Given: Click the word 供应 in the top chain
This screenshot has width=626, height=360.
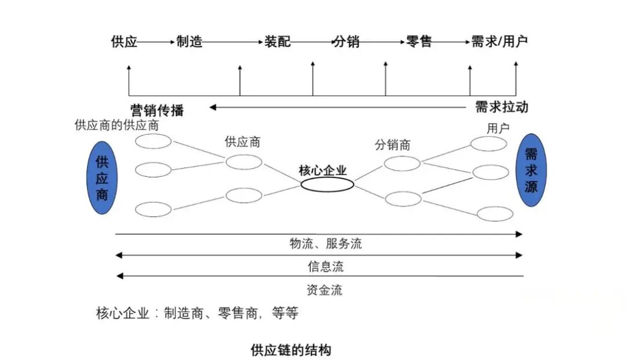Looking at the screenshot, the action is coord(124,42).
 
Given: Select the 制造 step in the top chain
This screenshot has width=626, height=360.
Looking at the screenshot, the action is coord(189,42).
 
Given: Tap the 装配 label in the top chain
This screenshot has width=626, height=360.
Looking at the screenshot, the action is coord(278,42).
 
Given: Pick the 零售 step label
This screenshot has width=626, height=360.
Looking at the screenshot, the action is coord(419,42).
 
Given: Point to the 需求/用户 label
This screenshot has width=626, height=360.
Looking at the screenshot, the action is coord(500,41).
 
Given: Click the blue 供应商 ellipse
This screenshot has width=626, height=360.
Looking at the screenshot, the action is coord(102,177).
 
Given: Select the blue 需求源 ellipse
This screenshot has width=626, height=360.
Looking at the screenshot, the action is coord(531,170).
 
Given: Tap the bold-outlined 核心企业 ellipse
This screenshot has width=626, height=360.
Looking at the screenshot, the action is coord(327,185).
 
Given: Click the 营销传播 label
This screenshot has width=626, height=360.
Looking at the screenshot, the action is coord(157,110).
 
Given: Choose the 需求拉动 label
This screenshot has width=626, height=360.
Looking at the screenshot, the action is coord(501,107).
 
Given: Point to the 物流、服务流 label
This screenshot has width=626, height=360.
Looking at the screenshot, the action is coord(325,243).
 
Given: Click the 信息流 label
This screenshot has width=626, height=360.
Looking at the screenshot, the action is coord(325,266).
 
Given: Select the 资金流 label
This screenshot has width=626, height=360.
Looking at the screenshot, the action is coord(324,290).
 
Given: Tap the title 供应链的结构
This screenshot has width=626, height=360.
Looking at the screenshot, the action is coord(290,350).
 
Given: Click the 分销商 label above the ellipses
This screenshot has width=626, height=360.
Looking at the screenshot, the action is coord(392,145).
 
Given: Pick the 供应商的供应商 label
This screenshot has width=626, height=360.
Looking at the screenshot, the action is coord(117,125).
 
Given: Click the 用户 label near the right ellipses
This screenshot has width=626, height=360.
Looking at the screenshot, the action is coord(498,128).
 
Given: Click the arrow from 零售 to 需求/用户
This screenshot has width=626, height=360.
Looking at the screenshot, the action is coord(451,42).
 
